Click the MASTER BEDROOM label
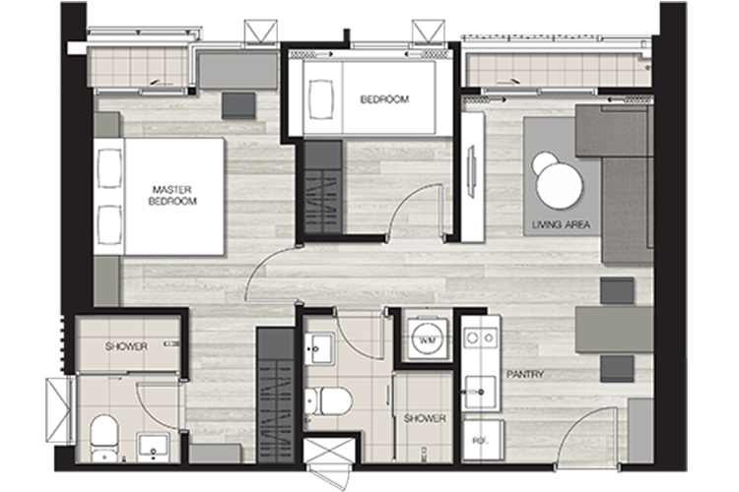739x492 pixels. click(172, 196)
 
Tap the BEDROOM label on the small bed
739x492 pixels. click(384, 99)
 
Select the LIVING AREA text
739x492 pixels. click(561, 224)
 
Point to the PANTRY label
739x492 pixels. click(525, 374)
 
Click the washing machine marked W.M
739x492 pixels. click(427, 338)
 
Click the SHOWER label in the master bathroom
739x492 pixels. click(126, 346)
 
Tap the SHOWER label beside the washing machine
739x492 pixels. click(425, 418)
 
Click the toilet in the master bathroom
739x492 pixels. click(103, 437)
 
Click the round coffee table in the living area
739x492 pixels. click(560, 185)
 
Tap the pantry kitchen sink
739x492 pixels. click(480, 392)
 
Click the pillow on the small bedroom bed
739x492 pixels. click(321, 99)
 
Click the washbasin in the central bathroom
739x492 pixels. click(319, 348)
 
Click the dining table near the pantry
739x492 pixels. click(614, 330)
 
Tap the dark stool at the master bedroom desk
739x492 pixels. click(238, 105)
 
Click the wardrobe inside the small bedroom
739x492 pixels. click(323, 187)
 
